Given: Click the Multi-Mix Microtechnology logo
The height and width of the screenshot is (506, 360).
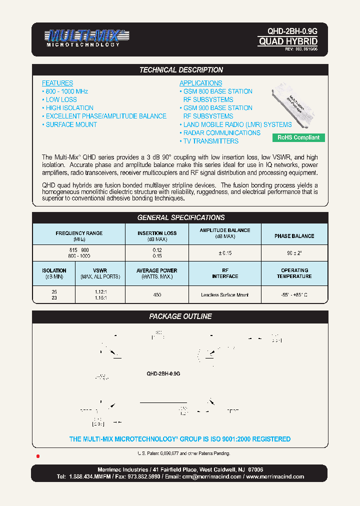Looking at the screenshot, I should coord(83,37).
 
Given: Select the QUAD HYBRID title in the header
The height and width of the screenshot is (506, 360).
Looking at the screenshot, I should coord(287,41).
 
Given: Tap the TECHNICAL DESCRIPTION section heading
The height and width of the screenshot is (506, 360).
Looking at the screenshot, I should coord(180,70).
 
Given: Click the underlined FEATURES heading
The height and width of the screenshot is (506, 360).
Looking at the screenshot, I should coord(57,83).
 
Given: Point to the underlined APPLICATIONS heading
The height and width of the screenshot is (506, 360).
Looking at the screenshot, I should coord(200,83).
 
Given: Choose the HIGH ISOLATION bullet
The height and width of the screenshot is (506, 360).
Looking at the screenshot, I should coord(69,108).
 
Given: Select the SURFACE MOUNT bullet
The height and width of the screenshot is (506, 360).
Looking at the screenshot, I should coord(70,124).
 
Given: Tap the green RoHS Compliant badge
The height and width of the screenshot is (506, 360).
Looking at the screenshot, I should coord(298,137).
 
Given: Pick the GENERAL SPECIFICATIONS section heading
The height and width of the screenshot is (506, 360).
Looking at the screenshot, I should coord(180,217).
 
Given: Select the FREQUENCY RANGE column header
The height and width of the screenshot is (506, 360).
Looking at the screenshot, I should coord(79,233).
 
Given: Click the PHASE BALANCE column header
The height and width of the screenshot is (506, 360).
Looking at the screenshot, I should coord(294,236).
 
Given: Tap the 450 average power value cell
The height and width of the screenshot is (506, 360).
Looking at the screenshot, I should coord(157,295).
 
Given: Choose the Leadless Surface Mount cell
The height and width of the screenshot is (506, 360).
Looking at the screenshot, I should coord(224,295).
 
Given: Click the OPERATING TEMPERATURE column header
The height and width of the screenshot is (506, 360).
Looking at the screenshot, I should coord(294,273).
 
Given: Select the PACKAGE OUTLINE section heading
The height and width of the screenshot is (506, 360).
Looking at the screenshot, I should coord(180,316).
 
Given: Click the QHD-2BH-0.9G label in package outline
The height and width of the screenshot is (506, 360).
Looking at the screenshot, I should coord(163,373).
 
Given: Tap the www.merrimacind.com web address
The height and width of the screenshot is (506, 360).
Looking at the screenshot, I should coord(274,476).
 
